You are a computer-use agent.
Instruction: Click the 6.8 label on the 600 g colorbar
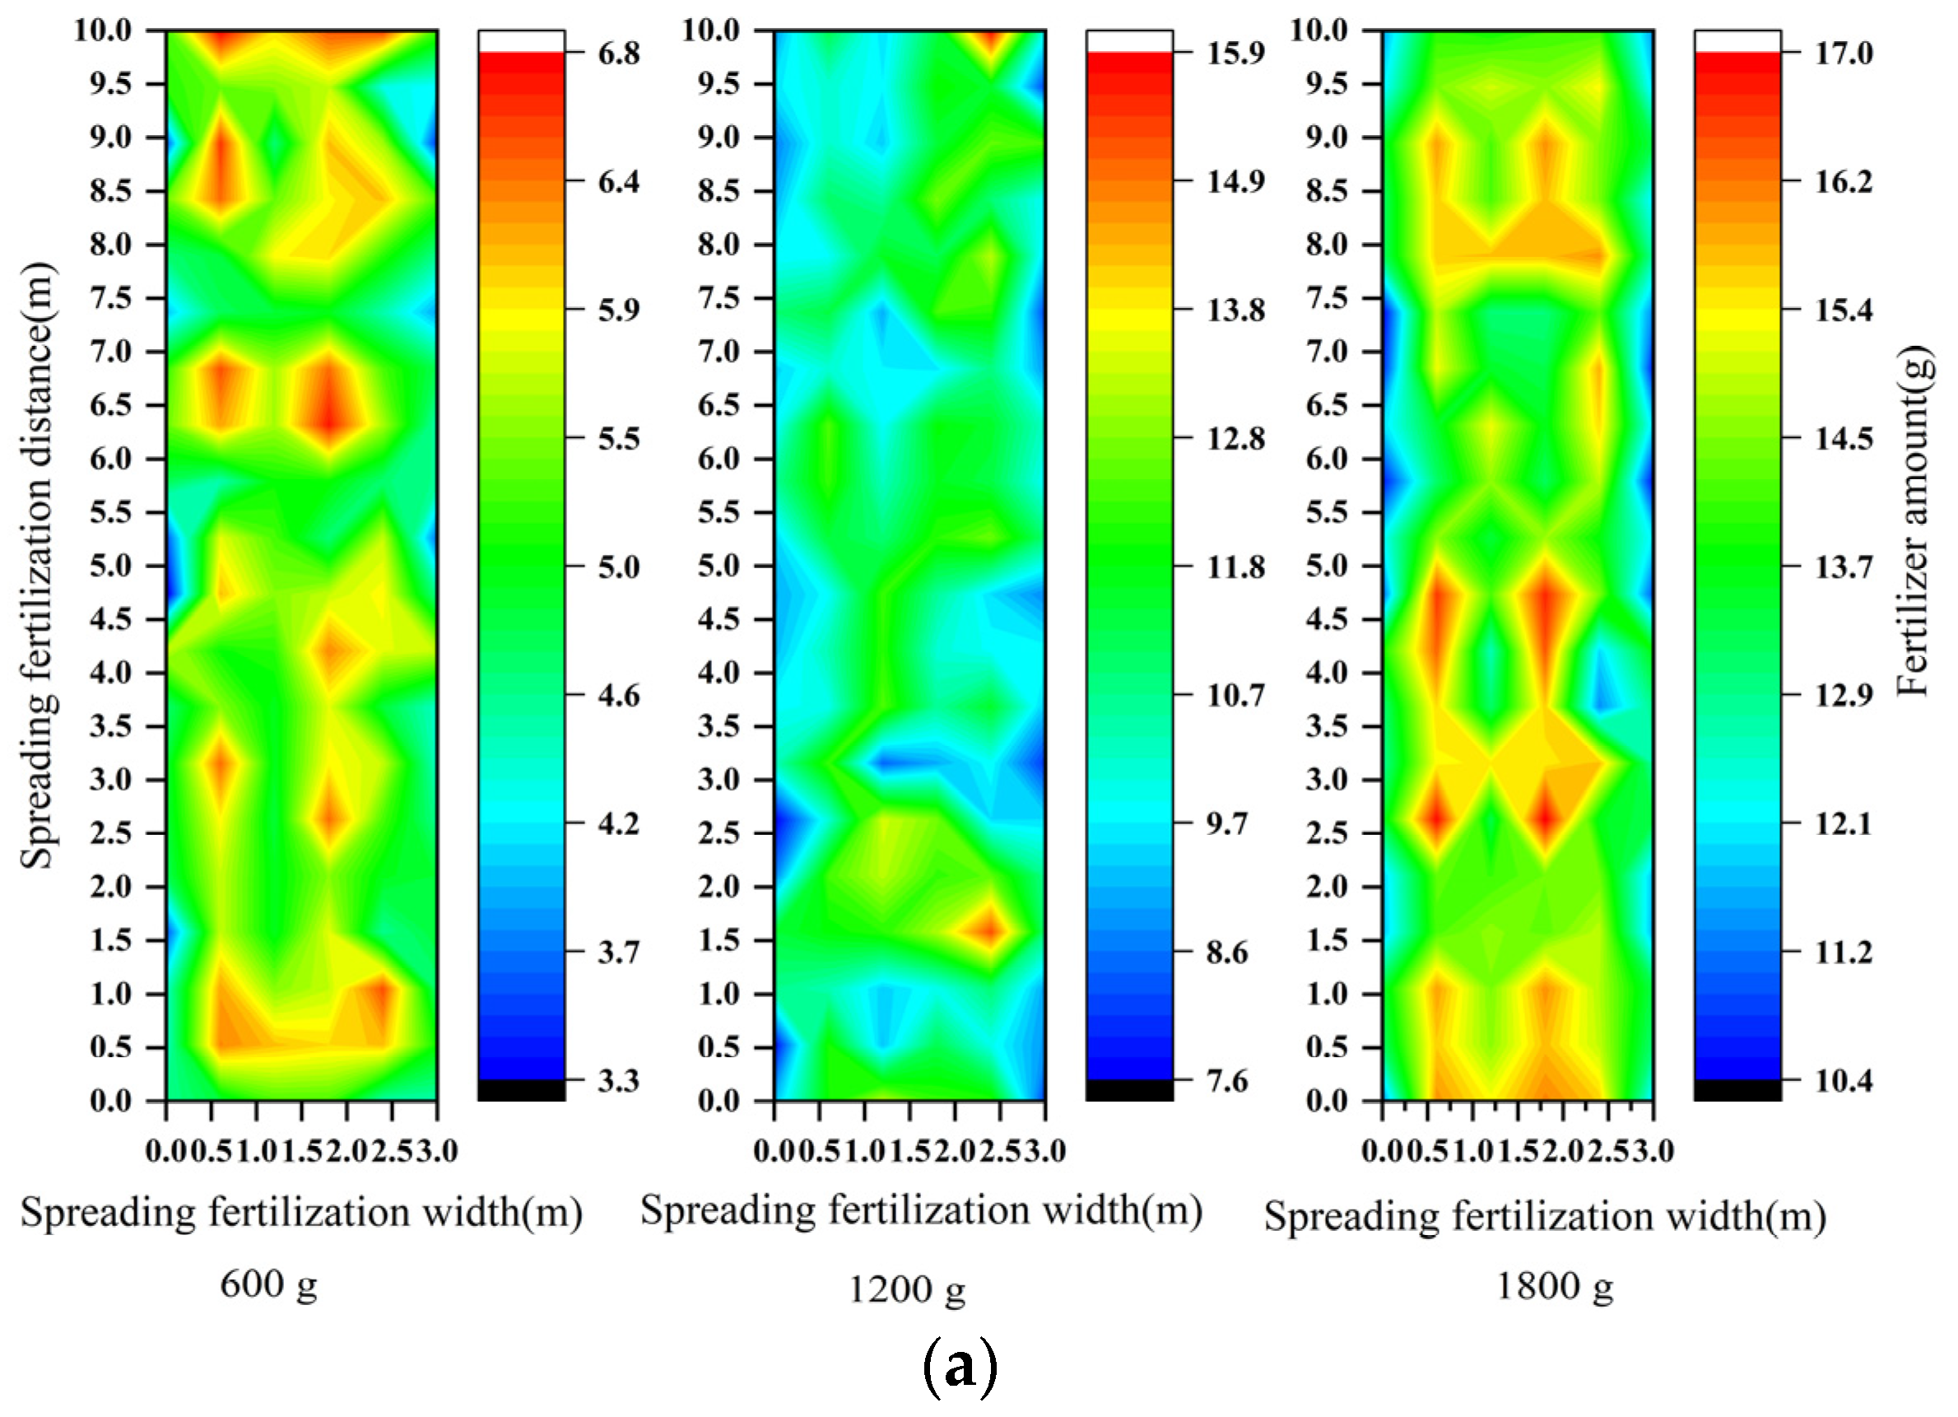point(618,54)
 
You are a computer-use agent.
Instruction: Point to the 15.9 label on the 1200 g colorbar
point(1235,54)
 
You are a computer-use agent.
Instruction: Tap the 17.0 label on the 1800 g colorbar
point(1843,54)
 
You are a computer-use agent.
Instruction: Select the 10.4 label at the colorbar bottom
point(1843,1080)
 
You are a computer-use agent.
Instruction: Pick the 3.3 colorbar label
point(618,1080)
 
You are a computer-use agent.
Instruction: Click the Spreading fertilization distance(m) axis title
point(36,566)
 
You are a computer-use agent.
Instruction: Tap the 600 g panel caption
point(268,1284)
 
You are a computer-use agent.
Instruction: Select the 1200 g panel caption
point(905,1289)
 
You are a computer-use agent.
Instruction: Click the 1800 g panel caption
point(1554,1287)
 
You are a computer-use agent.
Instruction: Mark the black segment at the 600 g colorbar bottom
point(522,1090)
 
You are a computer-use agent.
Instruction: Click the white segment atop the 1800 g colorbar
point(1737,40)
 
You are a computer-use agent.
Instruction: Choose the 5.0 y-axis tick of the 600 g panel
point(110,566)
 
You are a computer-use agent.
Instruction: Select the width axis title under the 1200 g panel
point(921,1210)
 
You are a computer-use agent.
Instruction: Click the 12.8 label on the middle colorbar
point(1235,439)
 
